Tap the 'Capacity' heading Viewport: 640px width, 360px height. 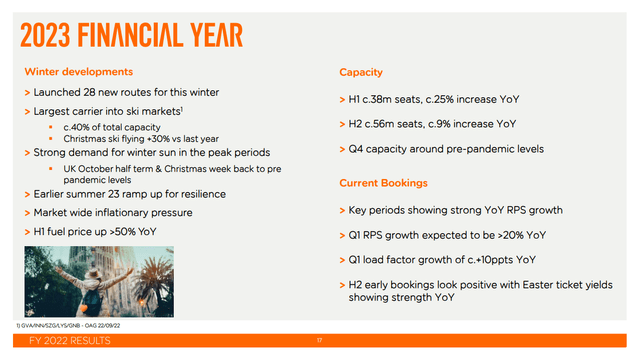pyautogui.click(x=360, y=73)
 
